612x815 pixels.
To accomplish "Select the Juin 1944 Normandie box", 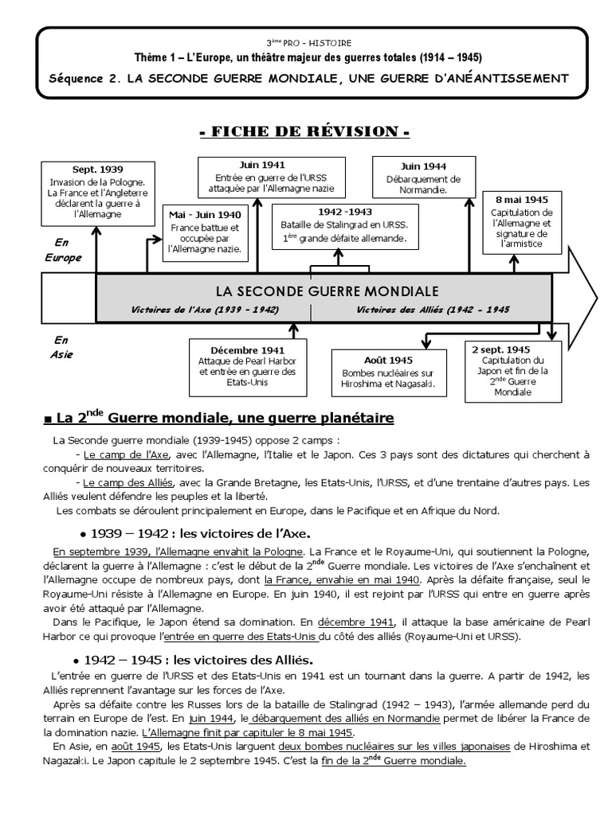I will click(x=424, y=179).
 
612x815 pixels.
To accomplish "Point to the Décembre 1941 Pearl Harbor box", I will click(x=247, y=366).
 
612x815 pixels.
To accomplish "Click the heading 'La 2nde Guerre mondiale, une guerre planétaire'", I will click(x=220, y=418).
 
